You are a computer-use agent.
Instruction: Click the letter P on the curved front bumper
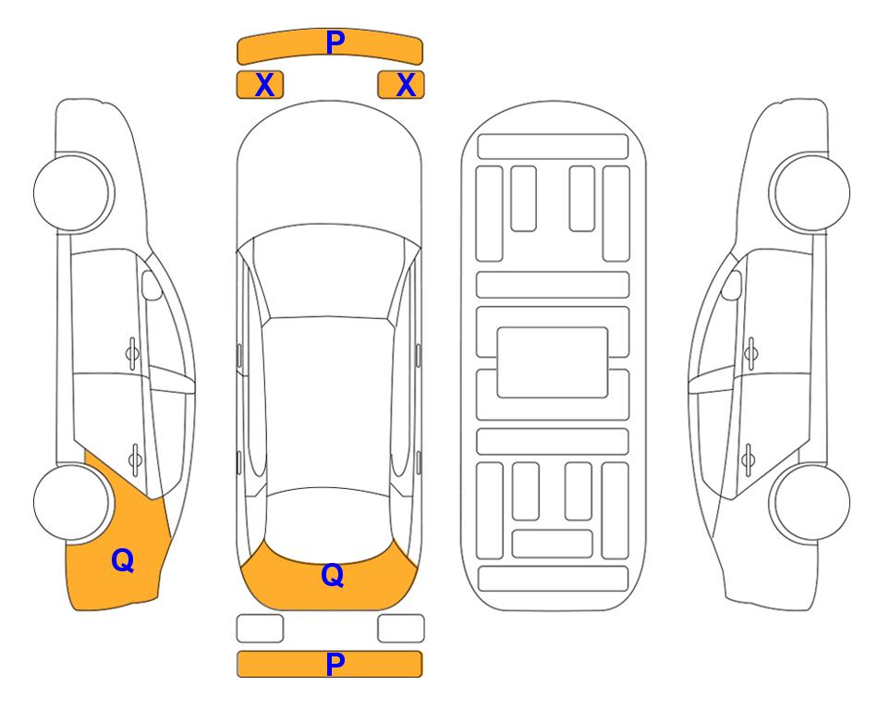335,42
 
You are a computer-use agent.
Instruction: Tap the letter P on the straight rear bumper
335,664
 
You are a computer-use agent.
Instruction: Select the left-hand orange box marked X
260,85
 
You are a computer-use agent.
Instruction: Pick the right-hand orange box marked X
401,85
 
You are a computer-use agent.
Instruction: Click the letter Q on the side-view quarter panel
123,560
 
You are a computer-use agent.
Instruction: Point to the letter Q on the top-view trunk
333,575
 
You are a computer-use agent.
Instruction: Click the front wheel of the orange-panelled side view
72,192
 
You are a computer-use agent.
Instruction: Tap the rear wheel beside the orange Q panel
72,502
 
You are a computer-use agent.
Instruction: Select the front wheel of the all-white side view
811,192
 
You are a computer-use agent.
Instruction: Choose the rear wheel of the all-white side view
811,502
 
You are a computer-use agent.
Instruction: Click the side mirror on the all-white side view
732,285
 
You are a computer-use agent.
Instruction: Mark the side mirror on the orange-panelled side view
152,285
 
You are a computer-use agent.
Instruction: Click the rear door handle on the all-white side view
750,459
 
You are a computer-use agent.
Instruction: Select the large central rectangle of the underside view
553,362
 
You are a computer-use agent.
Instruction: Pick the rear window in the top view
329,523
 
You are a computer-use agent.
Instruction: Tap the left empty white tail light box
260,629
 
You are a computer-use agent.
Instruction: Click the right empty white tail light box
401,629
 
